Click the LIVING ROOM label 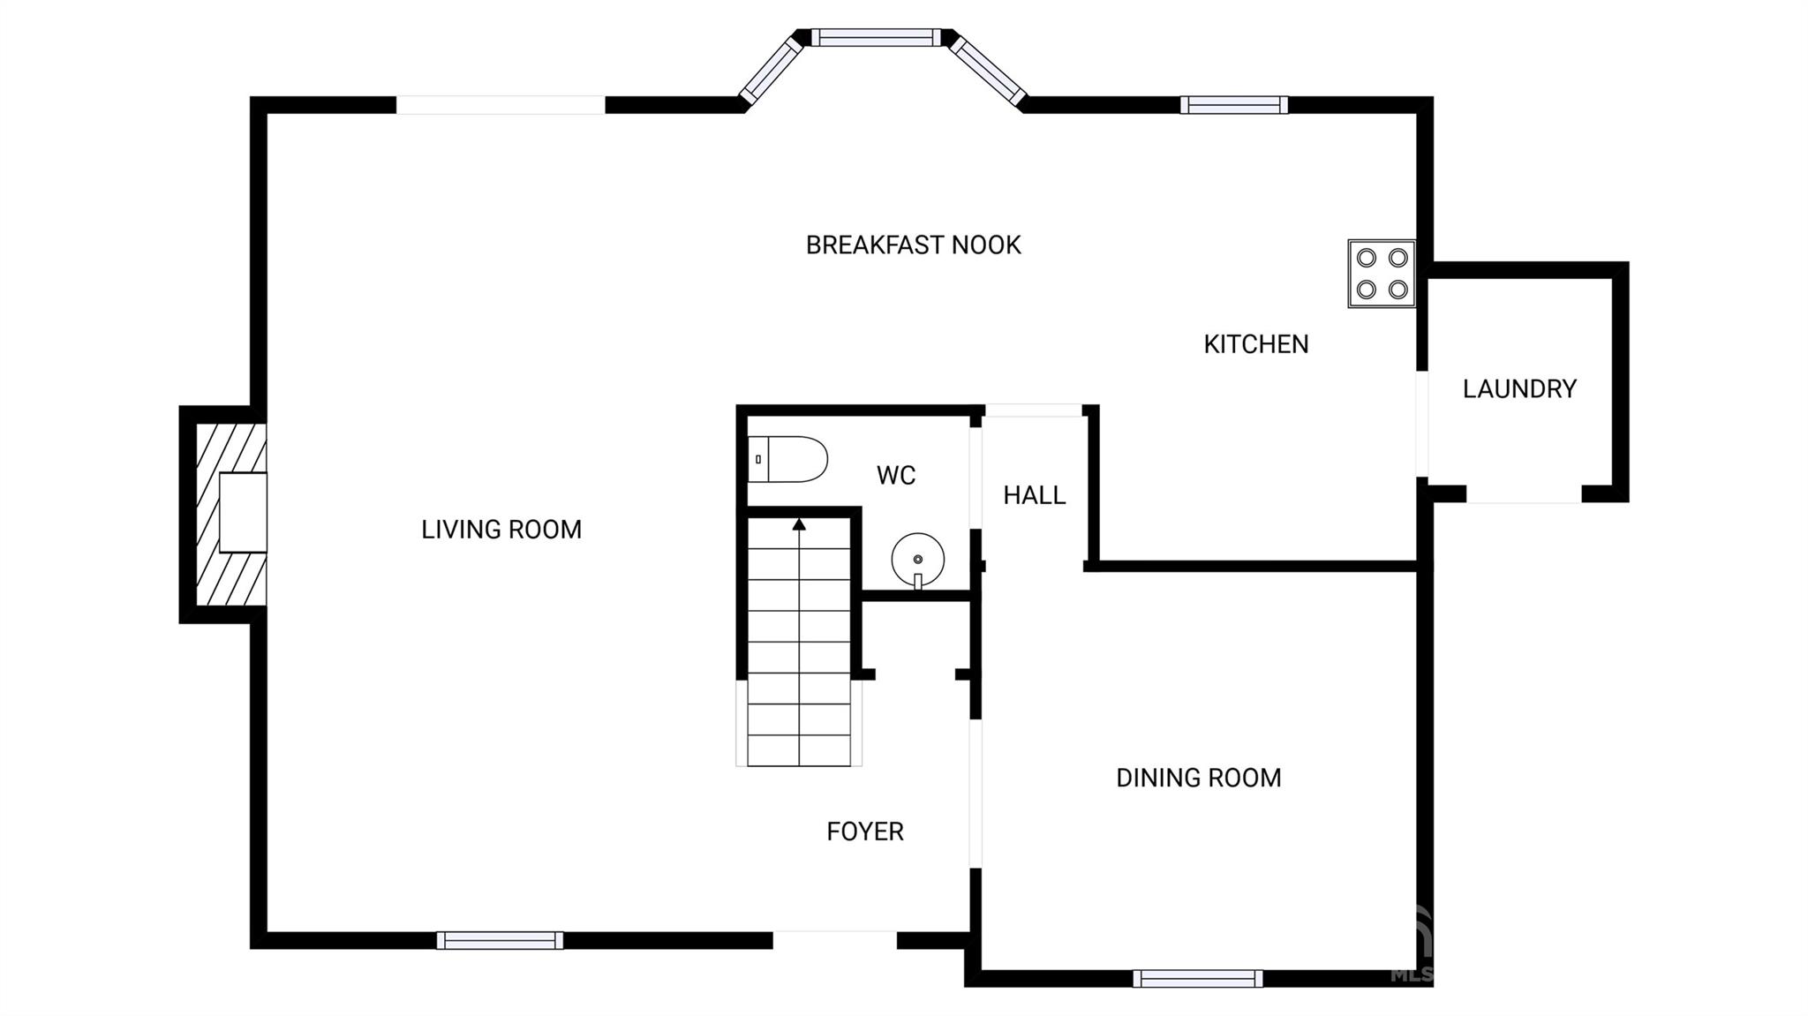pyautogui.click(x=501, y=530)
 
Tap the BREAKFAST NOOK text pyautogui.click(x=914, y=245)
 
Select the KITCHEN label pyautogui.click(x=1256, y=344)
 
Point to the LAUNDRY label pyautogui.click(x=1519, y=389)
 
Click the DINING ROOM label pyautogui.click(x=1199, y=778)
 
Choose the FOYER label pyautogui.click(x=865, y=832)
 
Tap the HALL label pyautogui.click(x=1035, y=495)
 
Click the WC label pyautogui.click(x=896, y=476)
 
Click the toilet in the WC pyautogui.click(x=787, y=459)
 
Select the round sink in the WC pyautogui.click(x=918, y=560)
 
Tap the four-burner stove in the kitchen pyautogui.click(x=1382, y=274)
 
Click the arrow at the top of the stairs pyautogui.click(x=799, y=524)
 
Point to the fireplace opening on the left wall pyautogui.click(x=243, y=513)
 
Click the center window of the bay pyautogui.click(x=877, y=37)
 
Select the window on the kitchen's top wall pyautogui.click(x=1234, y=105)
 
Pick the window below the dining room pyautogui.click(x=1198, y=978)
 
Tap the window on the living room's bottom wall pyautogui.click(x=500, y=940)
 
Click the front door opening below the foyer pyautogui.click(x=835, y=940)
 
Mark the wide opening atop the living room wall pyautogui.click(x=501, y=105)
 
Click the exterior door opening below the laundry pyautogui.click(x=1524, y=494)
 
